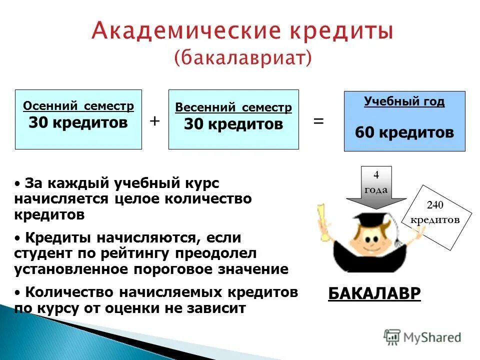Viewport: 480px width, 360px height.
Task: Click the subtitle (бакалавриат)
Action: (x=242, y=57)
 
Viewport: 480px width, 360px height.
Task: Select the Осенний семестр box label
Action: (x=78, y=106)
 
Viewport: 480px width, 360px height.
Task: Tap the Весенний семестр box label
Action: (x=233, y=107)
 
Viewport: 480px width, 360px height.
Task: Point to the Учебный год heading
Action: (x=404, y=101)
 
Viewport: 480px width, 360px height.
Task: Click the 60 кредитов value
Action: (x=404, y=132)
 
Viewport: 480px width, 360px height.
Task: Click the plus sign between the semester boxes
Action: (x=154, y=120)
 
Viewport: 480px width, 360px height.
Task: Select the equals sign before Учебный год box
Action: (x=318, y=121)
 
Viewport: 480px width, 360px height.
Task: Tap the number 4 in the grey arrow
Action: (x=376, y=175)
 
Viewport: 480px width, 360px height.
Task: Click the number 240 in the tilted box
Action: (x=435, y=204)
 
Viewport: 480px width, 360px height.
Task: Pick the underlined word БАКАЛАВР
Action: (x=374, y=293)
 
